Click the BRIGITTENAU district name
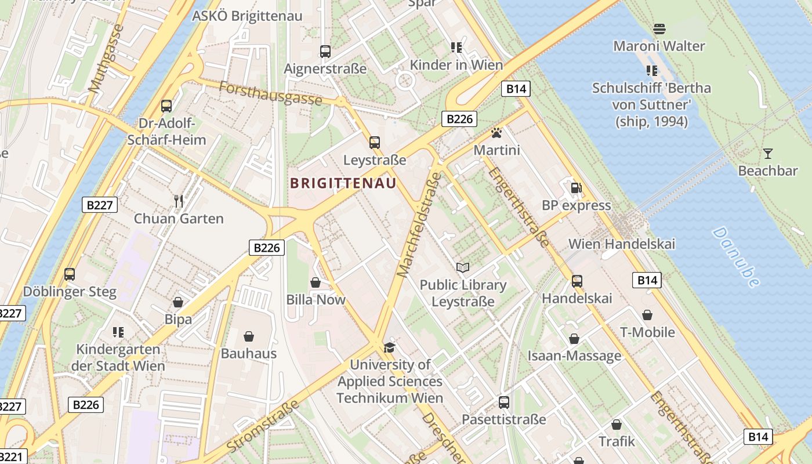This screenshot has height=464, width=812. pyautogui.click(x=343, y=183)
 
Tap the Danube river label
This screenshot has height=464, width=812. pyautogui.click(x=736, y=257)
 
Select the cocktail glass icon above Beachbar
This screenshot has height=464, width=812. pyautogui.click(x=768, y=154)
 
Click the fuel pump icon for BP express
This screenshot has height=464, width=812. pyautogui.click(x=577, y=187)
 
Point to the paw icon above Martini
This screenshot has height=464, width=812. pyautogui.click(x=496, y=133)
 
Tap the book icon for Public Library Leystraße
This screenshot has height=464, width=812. pyautogui.click(x=462, y=267)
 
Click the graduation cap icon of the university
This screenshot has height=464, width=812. pyautogui.click(x=389, y=347)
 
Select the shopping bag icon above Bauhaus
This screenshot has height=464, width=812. pyautogui.click(x=249, y=336)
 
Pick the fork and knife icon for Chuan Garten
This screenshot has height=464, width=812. pyautogui.click(x=179, y=201)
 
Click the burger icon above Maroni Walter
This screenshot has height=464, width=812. pyautogui.click(x=659, y=28)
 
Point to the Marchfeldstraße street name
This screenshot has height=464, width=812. pyautogui.click(x=419, y=223)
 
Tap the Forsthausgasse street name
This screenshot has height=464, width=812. pyautogui.click(x=270, y=93)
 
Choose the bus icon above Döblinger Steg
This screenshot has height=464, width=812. pyautogui.click(x=70, y=274)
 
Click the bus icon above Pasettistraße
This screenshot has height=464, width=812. pyautogui.click(x=504, y=402)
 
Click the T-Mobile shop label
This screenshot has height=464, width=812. pyautogui.click(x=647, y=332)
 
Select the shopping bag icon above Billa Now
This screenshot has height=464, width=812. pyautogui.click(x=316, y=282)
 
